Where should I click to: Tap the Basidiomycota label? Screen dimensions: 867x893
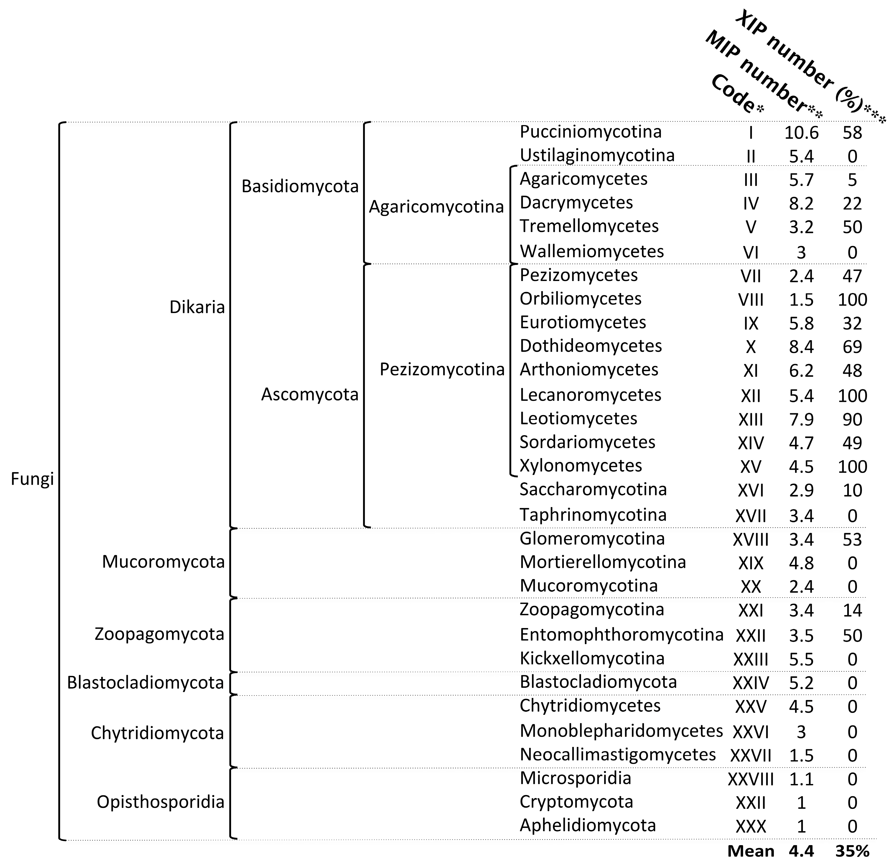click(300, 187)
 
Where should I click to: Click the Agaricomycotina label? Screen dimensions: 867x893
click(436, 207)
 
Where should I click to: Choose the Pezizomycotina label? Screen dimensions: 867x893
click(442, 369)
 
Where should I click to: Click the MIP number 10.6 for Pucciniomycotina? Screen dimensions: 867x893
click(801, 133)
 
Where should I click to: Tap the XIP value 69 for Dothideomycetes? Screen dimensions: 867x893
click(852, 347)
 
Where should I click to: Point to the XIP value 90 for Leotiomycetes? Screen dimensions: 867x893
click(852, 419)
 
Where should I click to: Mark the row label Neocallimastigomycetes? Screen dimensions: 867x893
click(617, 754)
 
